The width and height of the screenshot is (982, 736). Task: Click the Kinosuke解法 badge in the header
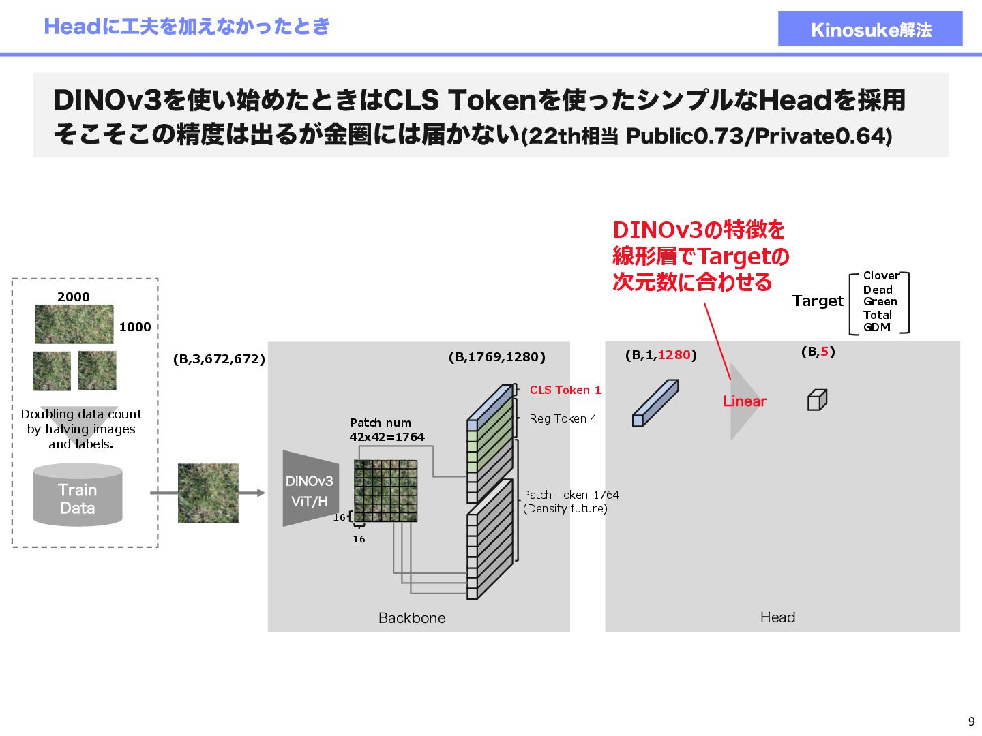point(870,29)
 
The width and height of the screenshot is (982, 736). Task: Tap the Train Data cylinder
point(78,496)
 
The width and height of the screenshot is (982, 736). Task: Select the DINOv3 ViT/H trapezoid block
point(310,489)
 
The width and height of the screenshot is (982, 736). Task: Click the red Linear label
point(745,401)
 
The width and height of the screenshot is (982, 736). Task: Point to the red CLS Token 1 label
point(565,390)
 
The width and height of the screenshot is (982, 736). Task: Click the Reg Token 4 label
point(563,418)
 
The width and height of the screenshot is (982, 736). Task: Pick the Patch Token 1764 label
point(571,495)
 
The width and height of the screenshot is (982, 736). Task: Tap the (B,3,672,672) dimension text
point(219,359)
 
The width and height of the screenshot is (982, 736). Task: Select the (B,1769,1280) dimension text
point(497,357)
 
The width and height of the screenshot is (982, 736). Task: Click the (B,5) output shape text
point(818,352)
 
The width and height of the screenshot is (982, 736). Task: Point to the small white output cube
point(817,400)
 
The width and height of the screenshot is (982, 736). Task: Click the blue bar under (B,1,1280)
point(655,403)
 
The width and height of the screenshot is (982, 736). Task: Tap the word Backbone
point(412,617)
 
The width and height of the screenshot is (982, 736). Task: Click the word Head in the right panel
point(777,617)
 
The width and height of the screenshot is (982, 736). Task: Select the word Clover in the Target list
point(881,275)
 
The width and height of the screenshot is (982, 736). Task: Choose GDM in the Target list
point(877,327)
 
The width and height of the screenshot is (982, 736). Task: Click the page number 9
point(971,722)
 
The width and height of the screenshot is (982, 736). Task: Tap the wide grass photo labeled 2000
point(74,324)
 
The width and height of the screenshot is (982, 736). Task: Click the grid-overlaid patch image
point(386,491)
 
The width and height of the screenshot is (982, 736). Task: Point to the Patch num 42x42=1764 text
point(387,430)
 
